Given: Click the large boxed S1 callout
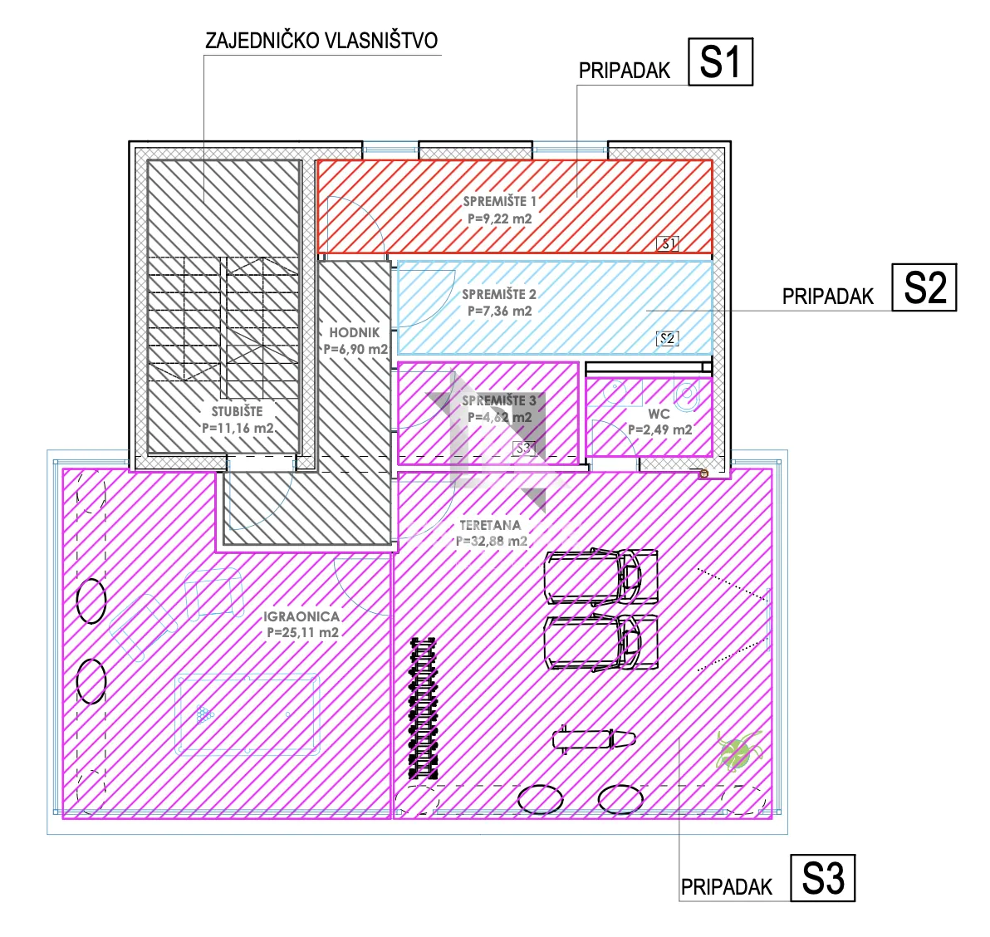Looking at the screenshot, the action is point(720,61).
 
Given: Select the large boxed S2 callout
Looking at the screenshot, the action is point(924,287).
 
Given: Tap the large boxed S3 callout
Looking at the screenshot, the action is point(823,878).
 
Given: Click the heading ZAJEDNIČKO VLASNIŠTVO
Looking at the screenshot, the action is point(321,41).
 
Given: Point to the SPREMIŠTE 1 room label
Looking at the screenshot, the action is point(499,201).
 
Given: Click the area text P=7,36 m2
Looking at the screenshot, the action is point(499,311).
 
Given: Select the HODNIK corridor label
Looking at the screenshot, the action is point(354,332).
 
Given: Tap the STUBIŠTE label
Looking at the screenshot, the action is point(237,411).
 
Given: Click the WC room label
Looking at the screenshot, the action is point(659,415).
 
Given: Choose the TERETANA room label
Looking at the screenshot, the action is point(490,525).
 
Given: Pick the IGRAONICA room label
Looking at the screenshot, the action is point(301,616).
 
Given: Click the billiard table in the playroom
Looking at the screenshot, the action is point(247,714).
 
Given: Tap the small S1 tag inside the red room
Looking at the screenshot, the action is point(668,243).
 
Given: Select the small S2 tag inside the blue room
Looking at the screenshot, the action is point(668,338).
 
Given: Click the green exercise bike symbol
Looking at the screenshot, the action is point(738,751).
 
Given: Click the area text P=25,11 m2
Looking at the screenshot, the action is point(302,632).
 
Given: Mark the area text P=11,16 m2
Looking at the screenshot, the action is point(238,428).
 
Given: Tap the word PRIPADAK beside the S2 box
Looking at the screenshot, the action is point(827,296).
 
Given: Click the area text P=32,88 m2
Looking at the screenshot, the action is point(491,541).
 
